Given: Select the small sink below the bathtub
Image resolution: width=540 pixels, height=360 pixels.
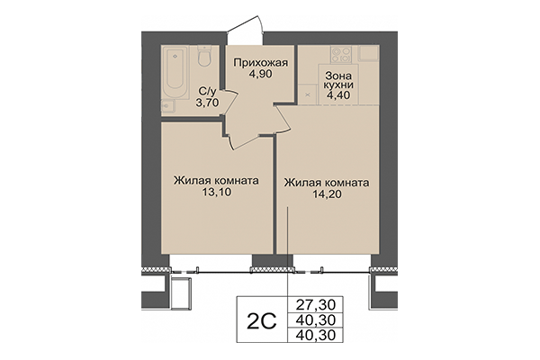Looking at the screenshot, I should pyautogui.click(x=169, y=107).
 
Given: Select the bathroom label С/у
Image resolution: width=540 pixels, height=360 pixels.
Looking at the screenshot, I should pyautogui.click(x=206, y=90).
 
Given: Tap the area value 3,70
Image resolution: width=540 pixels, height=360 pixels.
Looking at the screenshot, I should pyautogui.click(x=206, y=103).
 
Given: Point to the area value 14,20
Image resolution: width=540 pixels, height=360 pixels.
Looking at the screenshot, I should pyautogui.click(x=327, y=194).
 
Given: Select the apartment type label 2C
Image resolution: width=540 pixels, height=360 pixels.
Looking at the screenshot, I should pyautogui.click(x=261, y=321).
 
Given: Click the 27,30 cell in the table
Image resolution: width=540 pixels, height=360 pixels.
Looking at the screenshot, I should pyautogui.click(x=311, y=304).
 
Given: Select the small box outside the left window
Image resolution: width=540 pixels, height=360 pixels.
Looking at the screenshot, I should pyautogui.click(x=180, y=292).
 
